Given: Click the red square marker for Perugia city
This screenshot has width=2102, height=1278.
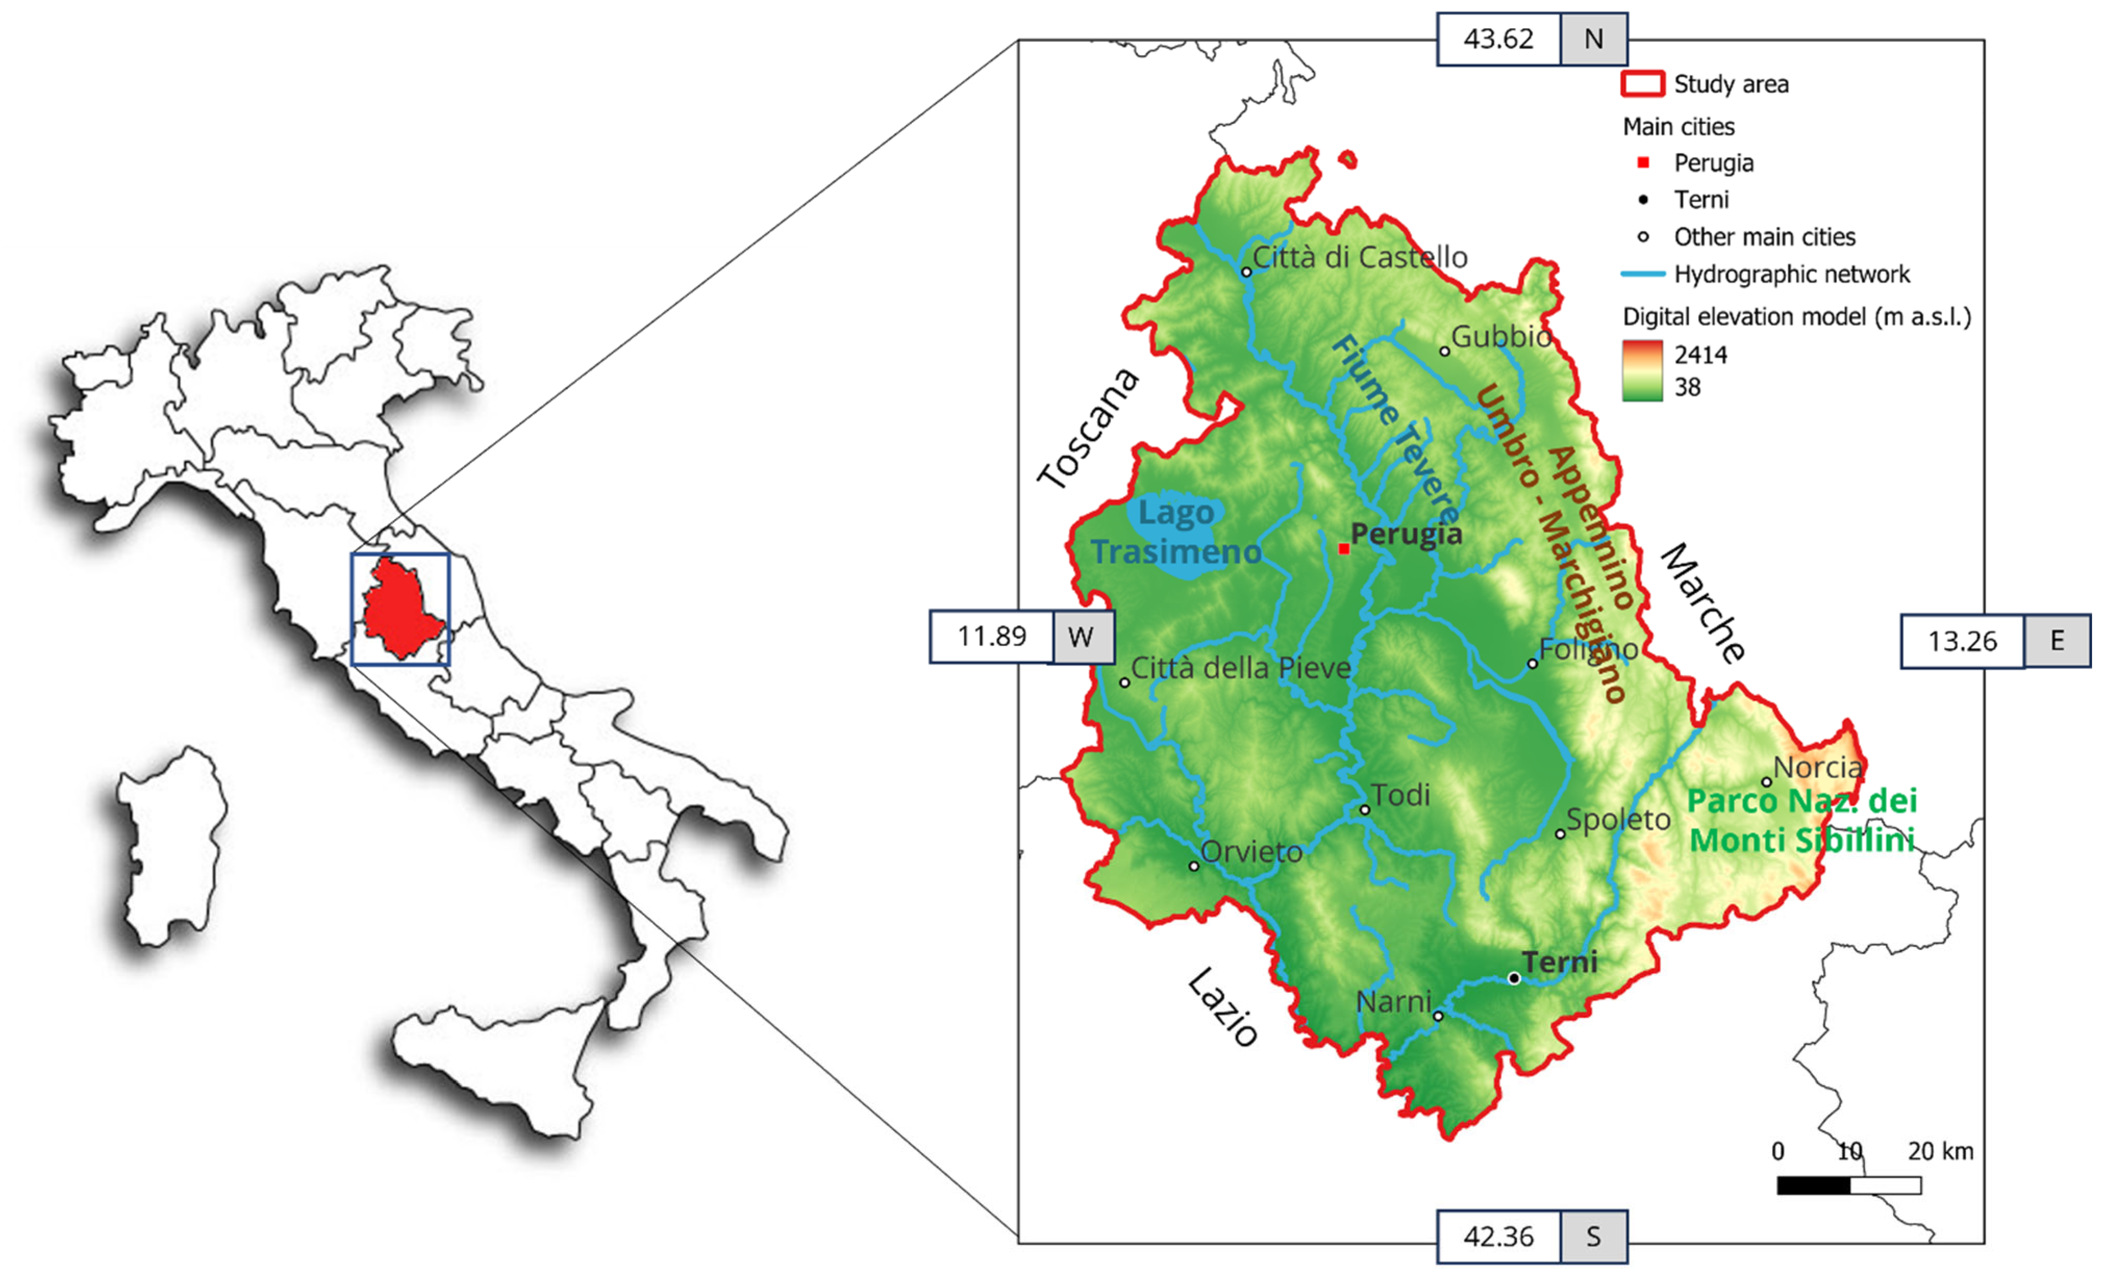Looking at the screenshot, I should pos(1343,549).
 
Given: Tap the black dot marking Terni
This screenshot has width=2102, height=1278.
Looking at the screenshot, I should pos(1514,979).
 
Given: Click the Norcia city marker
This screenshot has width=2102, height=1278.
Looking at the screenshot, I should pos(1767,781).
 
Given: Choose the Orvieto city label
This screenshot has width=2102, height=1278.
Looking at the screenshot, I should pos(1251,852).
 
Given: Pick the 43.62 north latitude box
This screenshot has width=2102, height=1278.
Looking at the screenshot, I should pos(1499,39).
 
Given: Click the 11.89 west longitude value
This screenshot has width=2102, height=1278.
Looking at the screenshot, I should pos(991,637).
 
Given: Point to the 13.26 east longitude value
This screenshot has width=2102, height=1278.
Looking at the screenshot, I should pos(1962,641).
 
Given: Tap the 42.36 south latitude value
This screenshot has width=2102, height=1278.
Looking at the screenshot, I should pos(1499,1236).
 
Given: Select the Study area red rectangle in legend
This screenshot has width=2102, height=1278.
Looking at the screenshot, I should pos(1642,84).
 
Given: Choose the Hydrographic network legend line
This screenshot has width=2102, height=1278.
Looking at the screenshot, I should pos(1642,274).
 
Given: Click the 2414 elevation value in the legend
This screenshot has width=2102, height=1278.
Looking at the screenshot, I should pos(1700,355).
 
